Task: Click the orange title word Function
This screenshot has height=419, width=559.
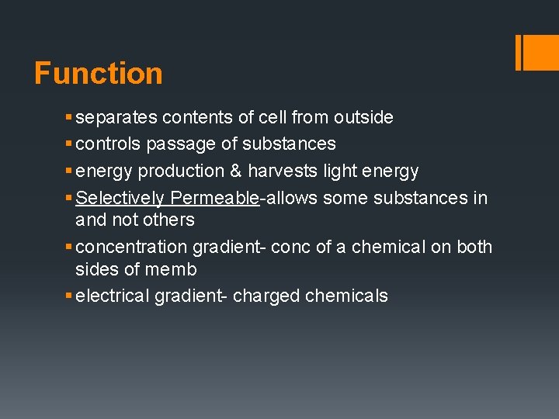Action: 99,74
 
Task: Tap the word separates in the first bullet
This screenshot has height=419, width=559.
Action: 117,118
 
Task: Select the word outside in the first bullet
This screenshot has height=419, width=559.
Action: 363,118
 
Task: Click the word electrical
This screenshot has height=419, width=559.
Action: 116,296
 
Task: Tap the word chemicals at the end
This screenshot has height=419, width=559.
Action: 347,296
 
